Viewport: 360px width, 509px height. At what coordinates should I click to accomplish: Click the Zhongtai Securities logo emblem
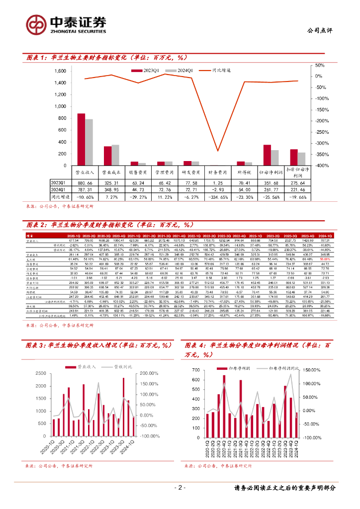(x=36, y=24)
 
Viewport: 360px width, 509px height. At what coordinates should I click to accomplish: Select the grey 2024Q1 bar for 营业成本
(x=116, y=155)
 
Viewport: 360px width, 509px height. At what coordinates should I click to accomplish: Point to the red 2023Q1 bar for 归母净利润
(x=267, y=155)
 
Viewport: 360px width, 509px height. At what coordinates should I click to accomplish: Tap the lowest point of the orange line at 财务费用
(x=217, y=151)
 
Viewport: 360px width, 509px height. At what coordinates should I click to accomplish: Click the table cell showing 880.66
(x=84, y=183)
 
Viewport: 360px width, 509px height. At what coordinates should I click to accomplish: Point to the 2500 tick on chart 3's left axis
(x=44, y=373)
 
